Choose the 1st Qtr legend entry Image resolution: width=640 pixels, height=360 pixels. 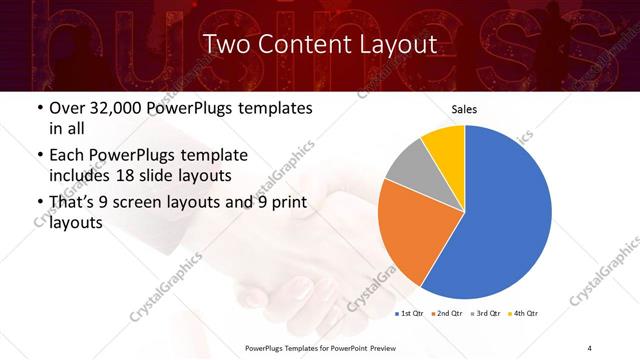pos(408,314)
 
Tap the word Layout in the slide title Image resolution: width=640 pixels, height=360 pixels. pos(396,44)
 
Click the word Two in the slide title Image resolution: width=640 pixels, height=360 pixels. pos(225,44)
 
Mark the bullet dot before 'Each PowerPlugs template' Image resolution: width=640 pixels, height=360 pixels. pos(38,156)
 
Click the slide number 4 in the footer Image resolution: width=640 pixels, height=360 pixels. pos(590,347)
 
